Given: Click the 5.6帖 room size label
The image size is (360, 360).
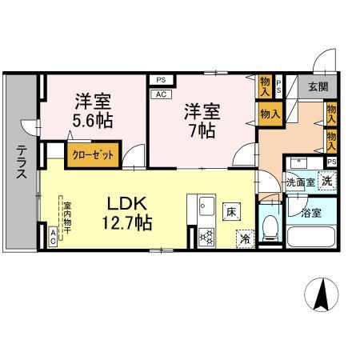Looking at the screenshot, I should coord(94,119).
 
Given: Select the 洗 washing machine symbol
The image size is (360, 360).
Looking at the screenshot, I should coord(327,181).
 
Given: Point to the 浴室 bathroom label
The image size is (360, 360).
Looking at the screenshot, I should coord(310,212).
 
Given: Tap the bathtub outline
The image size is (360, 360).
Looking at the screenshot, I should coord(310,238).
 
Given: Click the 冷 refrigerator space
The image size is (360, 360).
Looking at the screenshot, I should coord(243,238).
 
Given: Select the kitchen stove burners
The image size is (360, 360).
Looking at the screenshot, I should coord(205,236).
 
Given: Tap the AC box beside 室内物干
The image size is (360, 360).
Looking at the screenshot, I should coord(54,235).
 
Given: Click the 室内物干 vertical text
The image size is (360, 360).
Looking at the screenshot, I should coord(67,215).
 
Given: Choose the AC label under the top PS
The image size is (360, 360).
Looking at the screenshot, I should coord(160,94).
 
